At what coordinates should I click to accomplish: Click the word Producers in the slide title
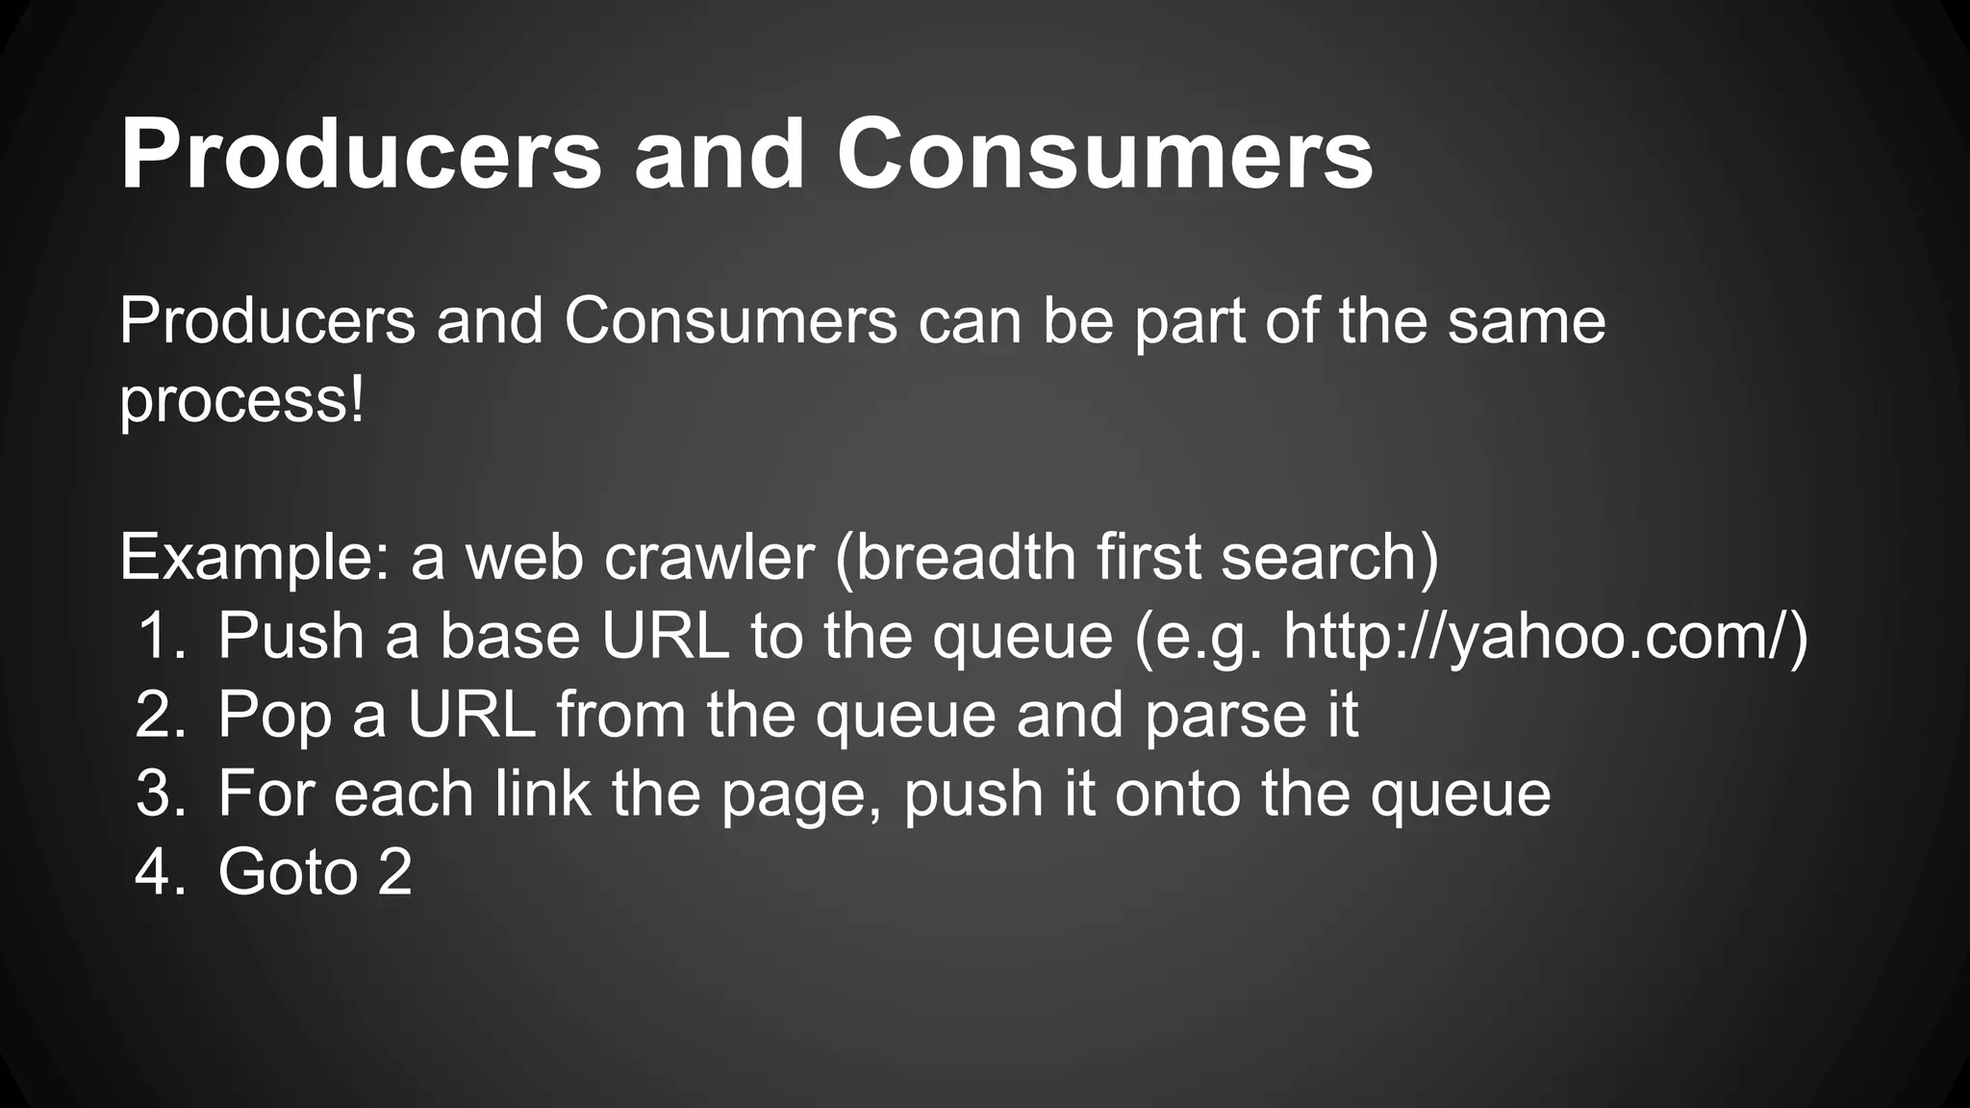point(361,154)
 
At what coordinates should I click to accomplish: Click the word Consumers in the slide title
point(1104,154)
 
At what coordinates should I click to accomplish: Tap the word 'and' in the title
point(718,154)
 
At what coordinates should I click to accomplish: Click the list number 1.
point(160,637)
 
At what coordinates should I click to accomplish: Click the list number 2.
point(160,716)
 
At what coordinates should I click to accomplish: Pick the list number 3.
point(160,794)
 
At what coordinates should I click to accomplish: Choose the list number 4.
point(160,873)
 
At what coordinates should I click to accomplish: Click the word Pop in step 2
point(274,716)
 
